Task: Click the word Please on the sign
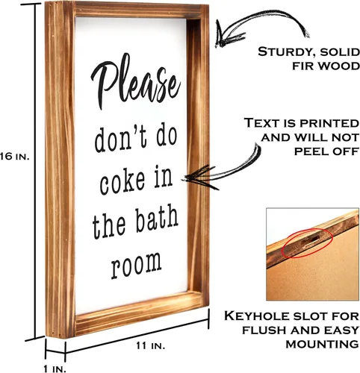(x=136, y=81)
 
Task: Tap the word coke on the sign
(x=122, y=182)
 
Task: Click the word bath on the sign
(x=157, y=219)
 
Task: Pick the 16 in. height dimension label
(x=15, y=157)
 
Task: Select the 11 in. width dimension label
(x=150, y=345)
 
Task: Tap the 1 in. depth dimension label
(x=55, y=369)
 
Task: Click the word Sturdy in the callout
(x=286, y=53)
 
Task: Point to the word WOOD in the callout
(x=339, y=66)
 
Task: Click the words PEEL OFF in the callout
(x=326, y=151)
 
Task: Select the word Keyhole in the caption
(x=257, y=316)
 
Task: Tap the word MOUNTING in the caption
(x=322, y=345)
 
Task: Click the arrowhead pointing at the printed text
(x=199, y=177)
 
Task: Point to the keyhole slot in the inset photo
(x=309, y=241)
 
